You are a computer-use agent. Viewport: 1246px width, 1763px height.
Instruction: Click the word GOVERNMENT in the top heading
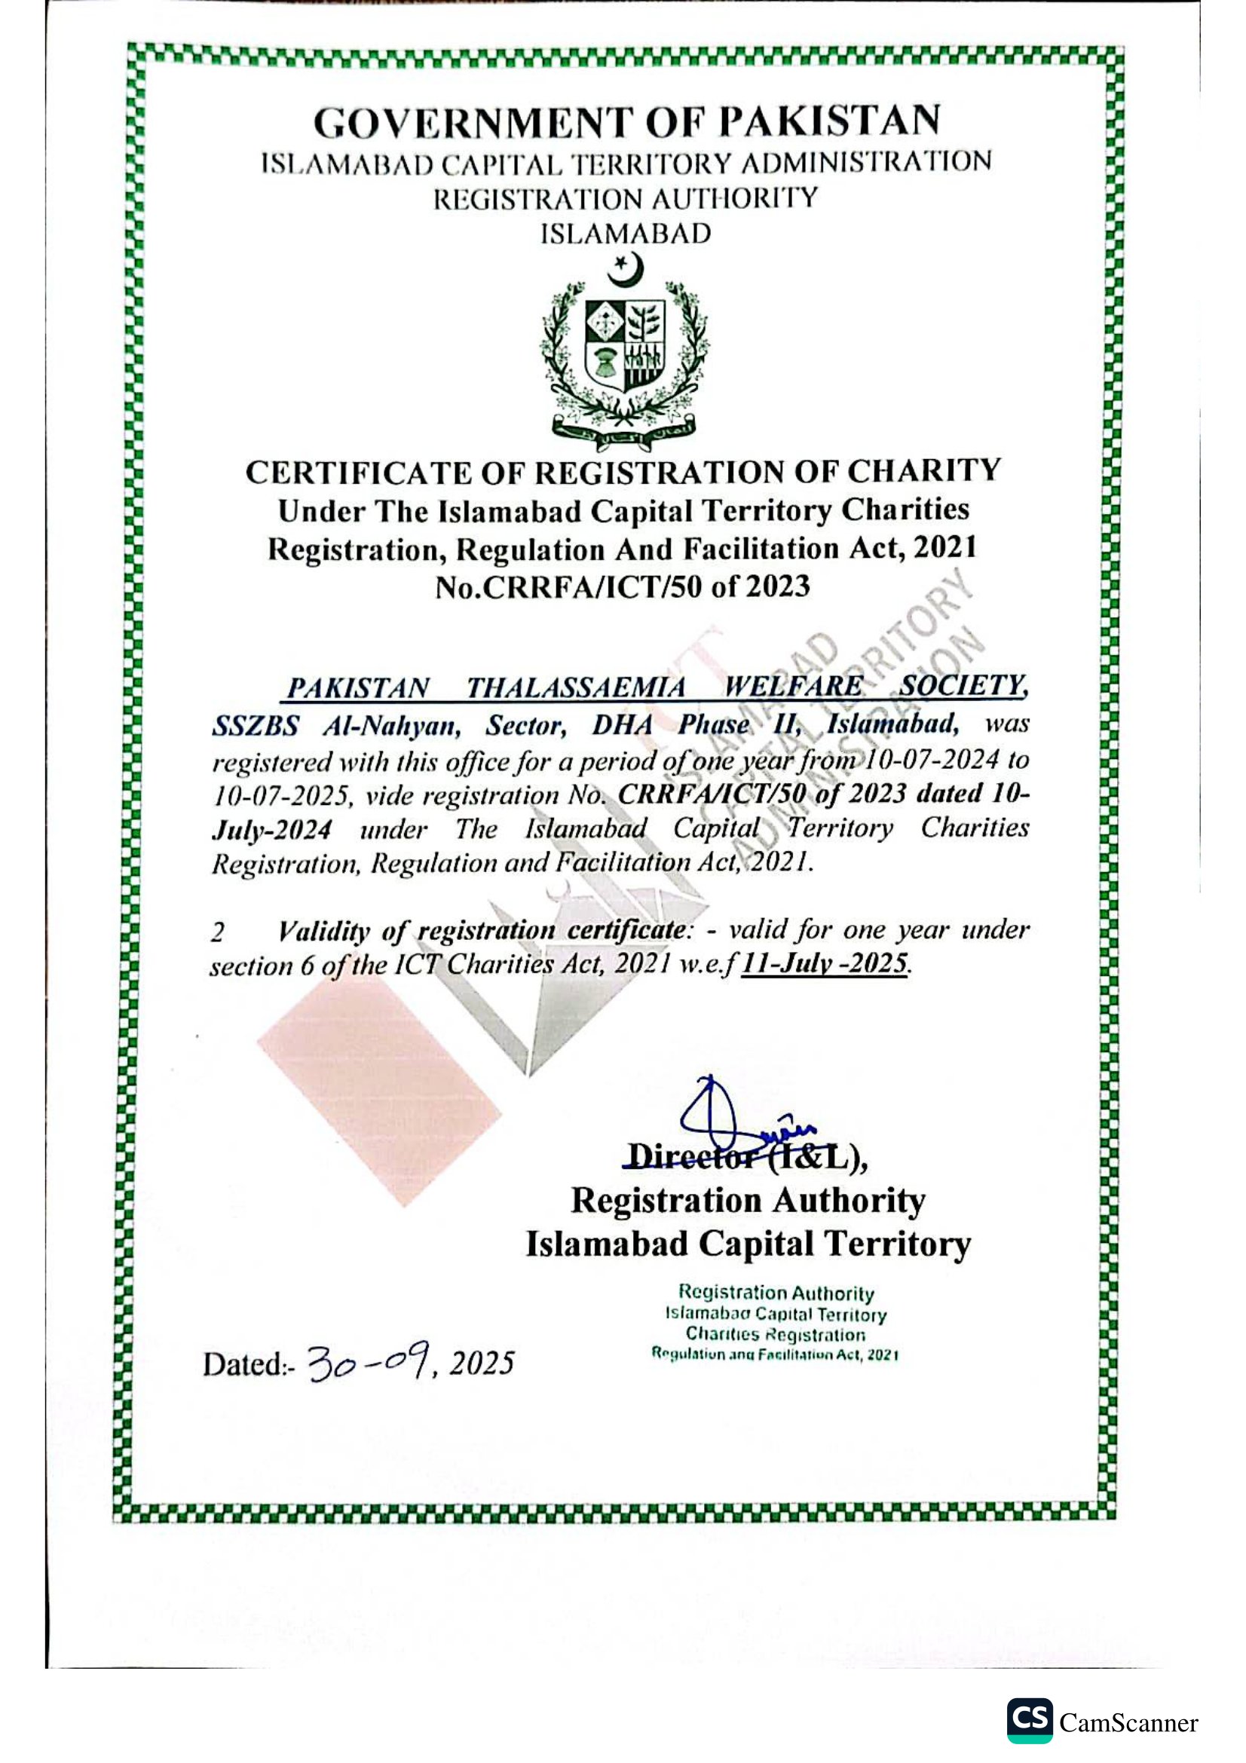click(x=473, y=123)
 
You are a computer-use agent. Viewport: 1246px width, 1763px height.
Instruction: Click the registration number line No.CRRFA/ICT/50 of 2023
click(x=623, y=587)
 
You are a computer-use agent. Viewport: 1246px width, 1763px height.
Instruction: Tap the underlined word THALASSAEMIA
click(x=576, y=687)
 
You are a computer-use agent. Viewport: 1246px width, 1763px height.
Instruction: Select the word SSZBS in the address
click(x=255, y=726)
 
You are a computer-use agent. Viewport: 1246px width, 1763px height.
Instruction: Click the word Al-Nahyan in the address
click(x=390, y=726)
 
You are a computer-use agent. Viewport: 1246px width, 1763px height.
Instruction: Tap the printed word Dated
click(x=243, y=1364)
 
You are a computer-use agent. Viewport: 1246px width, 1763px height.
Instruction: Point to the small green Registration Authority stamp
click(x=776, y=1322)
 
